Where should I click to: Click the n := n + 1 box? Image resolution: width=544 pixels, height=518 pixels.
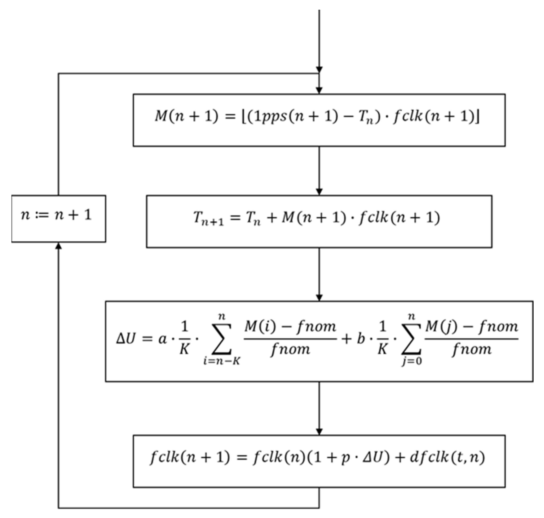click(59, 218)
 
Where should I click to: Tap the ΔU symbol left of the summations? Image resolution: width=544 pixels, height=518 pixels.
click(126, 339)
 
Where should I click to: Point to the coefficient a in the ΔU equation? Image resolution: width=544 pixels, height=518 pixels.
click(163, 339)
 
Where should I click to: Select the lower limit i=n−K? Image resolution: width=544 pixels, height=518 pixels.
click(222, 361)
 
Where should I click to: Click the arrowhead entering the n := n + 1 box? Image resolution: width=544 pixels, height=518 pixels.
click(58, 246)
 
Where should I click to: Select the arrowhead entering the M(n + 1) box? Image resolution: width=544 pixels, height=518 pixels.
click(319, 90)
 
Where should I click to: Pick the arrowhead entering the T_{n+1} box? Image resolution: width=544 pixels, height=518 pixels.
click(319, 192)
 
